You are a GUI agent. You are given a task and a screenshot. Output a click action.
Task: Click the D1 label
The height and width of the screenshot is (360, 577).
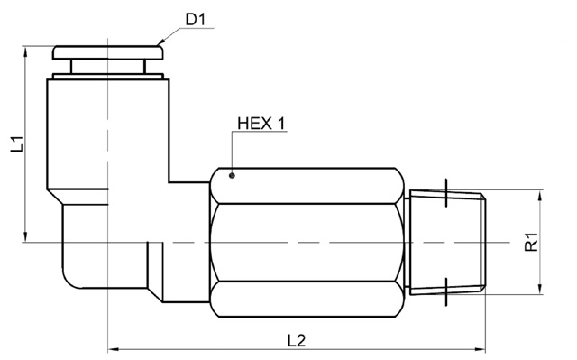(195, 19)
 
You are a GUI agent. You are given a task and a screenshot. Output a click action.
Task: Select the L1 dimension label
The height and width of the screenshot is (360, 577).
(16, 144)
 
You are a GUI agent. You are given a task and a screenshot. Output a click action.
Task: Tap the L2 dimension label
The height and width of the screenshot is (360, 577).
(297, 340)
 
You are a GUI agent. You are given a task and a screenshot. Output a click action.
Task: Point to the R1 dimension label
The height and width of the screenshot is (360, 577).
(531, 242)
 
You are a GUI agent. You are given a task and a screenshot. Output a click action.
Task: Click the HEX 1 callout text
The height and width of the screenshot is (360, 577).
(261, 124)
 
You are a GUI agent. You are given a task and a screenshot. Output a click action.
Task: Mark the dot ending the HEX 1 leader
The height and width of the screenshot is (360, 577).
(232, 176)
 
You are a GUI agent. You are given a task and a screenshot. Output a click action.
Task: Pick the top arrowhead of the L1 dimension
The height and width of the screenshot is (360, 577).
(25, 52)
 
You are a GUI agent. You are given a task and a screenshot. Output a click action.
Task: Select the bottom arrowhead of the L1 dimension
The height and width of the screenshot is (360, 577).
(25, 236)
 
